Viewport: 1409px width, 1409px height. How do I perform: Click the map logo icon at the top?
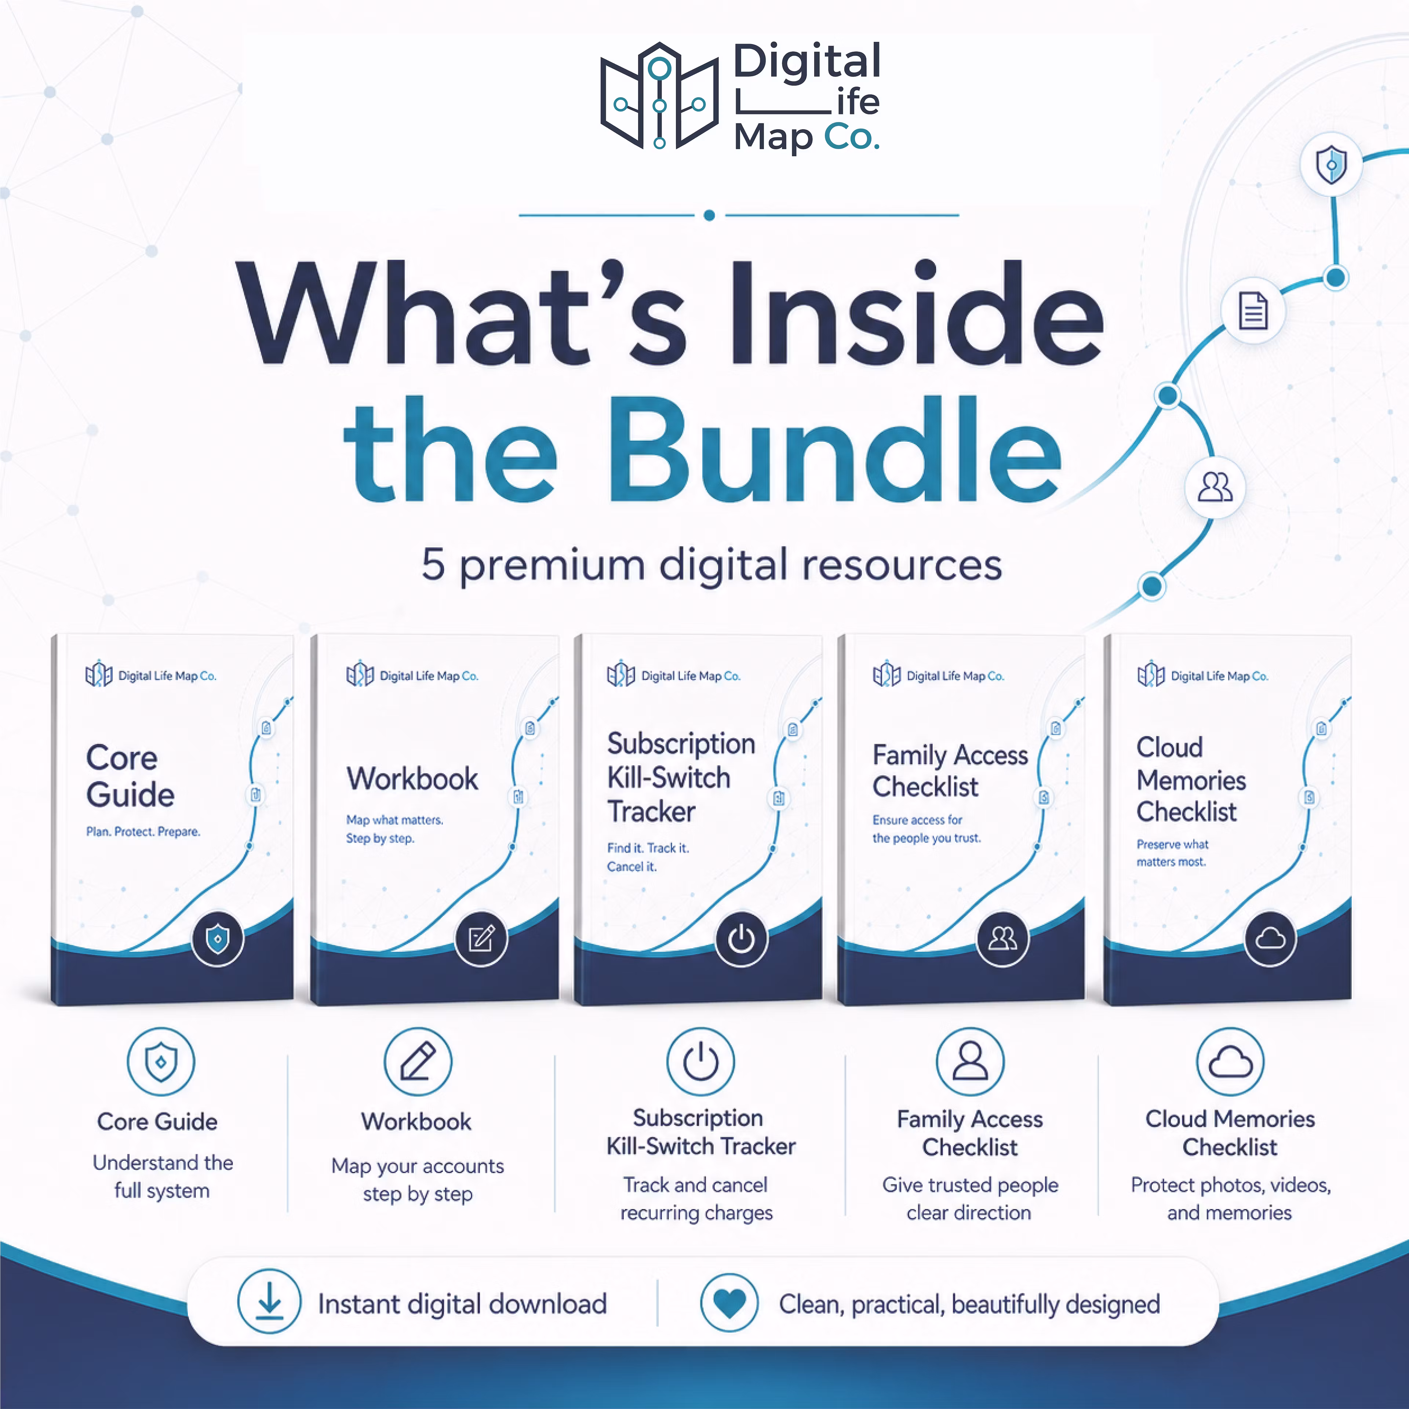pos(659,95)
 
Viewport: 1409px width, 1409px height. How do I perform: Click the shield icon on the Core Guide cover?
pos(217,939)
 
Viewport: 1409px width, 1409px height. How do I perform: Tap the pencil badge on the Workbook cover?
pos(481,939)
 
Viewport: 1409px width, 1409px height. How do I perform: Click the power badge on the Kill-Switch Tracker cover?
pos(741,939)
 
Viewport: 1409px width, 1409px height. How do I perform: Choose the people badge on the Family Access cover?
pos(1002,939)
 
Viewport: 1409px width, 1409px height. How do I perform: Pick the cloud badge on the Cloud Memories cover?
pos(1270,939)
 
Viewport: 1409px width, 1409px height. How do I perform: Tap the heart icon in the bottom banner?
pos(729,1302)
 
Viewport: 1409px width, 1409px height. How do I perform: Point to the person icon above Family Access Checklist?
pos(970,1061)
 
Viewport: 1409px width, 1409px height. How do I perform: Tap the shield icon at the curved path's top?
pos(1331,164)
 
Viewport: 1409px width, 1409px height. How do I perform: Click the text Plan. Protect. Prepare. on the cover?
pos(143,831)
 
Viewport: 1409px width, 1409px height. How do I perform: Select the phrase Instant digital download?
pos(462,1304)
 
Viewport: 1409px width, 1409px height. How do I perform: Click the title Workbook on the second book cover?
pos(412,779)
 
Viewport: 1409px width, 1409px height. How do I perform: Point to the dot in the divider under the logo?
pos(709,215)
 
